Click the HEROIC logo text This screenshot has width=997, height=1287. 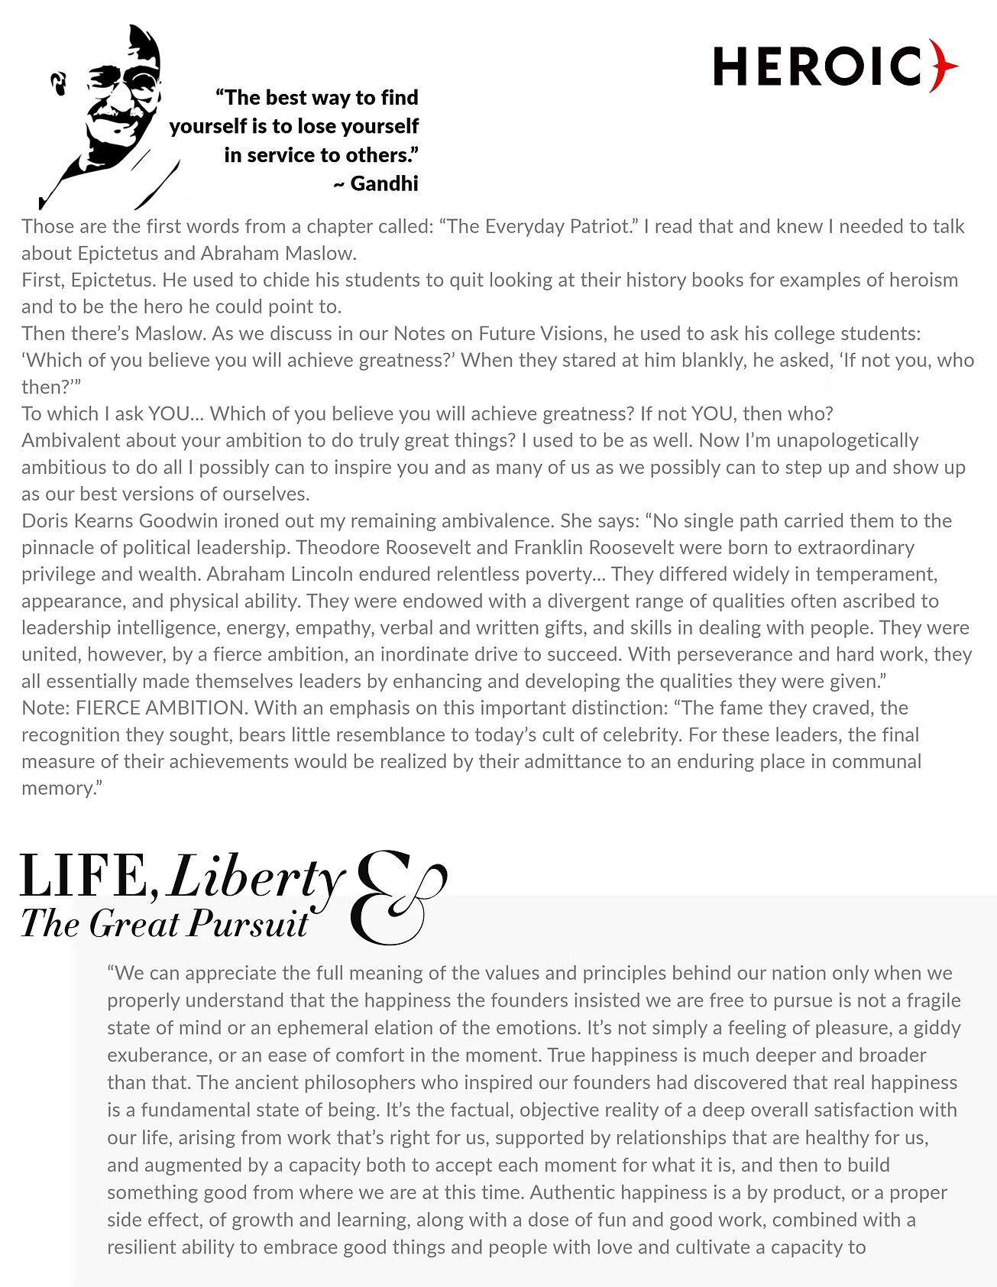(x=817, y=66)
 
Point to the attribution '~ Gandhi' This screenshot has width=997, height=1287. (x=376, y=183)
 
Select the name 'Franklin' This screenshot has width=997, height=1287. (x=549, y=547)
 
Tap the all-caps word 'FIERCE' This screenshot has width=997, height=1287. (x=108, y=708)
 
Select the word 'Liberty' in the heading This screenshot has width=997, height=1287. (x=255, y=876)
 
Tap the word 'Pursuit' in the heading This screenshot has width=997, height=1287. (x=248, y=923)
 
